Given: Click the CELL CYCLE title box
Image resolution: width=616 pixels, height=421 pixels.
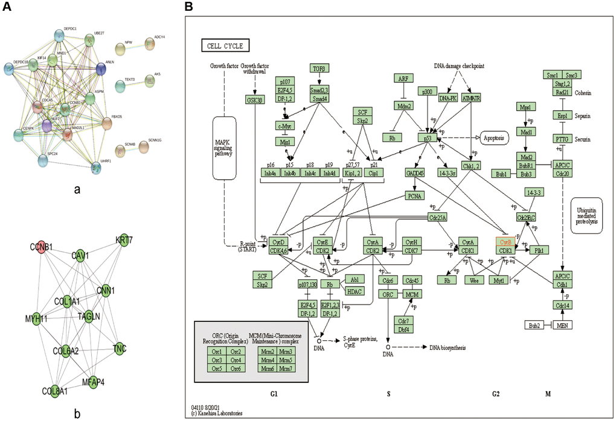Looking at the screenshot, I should pos(222,45).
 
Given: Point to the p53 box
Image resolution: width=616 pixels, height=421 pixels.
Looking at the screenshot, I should pos(427,138).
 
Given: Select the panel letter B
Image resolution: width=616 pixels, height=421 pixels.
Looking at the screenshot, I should pos(188,7).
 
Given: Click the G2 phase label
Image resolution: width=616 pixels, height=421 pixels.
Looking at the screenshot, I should pos(496,393).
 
